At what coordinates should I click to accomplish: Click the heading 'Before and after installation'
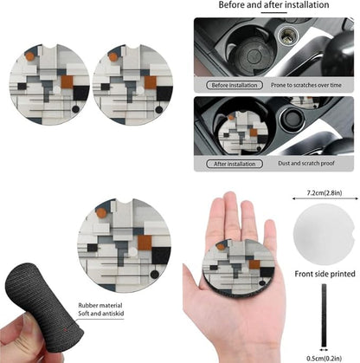tap(273, 5)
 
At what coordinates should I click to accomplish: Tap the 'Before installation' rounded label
tap(235, 85)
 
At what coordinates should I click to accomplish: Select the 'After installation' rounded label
tap(235, 164)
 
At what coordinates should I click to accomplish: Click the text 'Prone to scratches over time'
tap(306, 85)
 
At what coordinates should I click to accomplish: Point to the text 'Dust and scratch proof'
tap(306, 163)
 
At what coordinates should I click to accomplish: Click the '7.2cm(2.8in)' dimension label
tap(325, 193)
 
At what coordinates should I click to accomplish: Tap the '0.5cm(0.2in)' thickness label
tap(325, 359)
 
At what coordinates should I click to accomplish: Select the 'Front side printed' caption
tap(325, 274)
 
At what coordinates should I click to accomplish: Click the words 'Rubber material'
tap(100, 305)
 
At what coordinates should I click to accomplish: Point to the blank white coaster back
tap(325, 234)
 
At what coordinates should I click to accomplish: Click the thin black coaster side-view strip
tap(324, 315)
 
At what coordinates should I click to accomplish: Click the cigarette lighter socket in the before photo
tap(288, 36)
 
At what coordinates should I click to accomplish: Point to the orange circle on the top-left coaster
tap(29, 56)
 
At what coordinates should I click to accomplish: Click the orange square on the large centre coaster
tap(145, 243)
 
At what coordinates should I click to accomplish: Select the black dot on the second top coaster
tap(159, 110)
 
